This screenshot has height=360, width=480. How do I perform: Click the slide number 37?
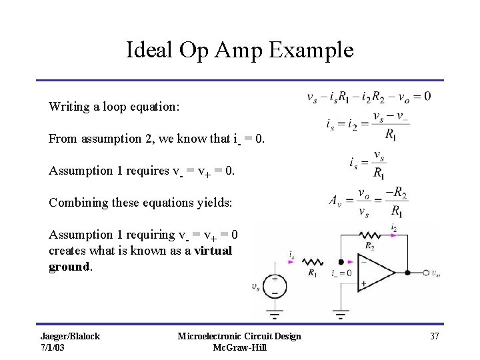point(434,336)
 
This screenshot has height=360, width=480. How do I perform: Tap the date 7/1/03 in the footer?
point(53,347)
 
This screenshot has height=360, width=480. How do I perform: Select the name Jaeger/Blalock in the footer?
point(70,336)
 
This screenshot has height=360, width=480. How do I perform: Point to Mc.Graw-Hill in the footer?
point(239,347)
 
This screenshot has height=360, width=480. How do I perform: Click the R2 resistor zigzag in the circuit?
point(369,235)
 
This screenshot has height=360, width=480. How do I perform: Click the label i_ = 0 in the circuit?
point(341,273)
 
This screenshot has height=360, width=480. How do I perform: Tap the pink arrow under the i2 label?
point(393,235)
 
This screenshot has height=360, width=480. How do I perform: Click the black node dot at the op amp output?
point(406,272)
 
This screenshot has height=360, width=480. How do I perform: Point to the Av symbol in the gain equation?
point(336,200)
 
